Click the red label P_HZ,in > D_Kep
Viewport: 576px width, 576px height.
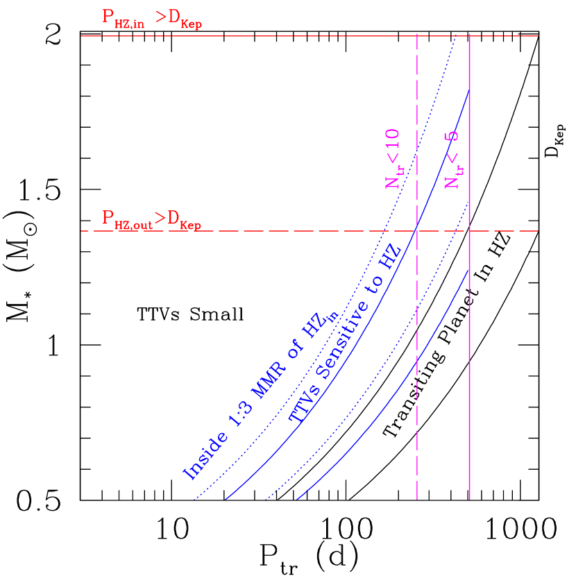pos(151,19)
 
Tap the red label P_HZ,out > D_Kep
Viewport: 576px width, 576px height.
pos(151,219)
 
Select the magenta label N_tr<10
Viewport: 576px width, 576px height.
pos(393,158)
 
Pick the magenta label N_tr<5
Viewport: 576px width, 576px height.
pos(452,160)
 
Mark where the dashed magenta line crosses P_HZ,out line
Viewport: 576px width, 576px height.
pos(416,230)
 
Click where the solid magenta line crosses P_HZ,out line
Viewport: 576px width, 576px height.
pos(470,230)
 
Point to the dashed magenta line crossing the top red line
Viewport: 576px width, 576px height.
pos(416,35)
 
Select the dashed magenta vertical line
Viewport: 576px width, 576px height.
pos(416,430)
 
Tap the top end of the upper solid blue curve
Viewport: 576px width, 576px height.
pos(469,91)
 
